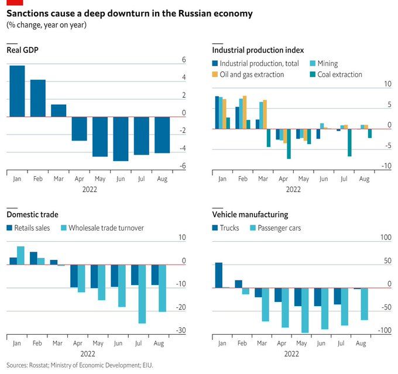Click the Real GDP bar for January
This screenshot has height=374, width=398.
tap(17, 91)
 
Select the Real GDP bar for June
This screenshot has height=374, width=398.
tap(121, 139)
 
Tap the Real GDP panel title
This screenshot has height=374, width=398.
tap(23, 50)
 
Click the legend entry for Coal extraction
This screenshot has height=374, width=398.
tap(339, 74)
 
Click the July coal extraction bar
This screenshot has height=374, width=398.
tap(349, 142)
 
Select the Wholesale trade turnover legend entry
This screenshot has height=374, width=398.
tap(106, 228)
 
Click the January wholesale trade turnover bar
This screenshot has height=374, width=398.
tap(20, 256)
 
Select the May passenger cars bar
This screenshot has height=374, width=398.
tap(304, 310)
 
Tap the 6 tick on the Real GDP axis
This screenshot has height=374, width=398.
tap(184, 60)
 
